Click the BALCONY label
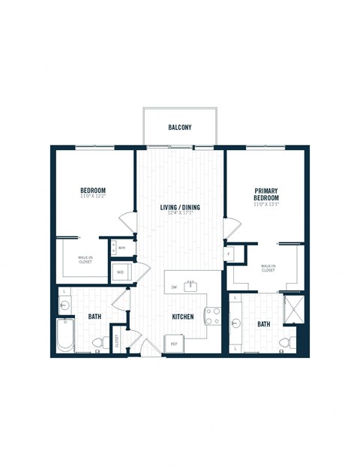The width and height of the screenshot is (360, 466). tap(180, 128)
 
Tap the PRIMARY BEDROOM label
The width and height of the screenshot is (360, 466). tap(266, 194)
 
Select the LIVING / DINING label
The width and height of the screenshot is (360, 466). tap(179, 208)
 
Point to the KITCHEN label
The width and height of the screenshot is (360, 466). tap(182, 317)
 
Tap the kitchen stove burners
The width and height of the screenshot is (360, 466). tap(212, 317)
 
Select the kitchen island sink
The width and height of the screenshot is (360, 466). tap(190, 285)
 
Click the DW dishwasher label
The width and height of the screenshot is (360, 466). tap(173, 287)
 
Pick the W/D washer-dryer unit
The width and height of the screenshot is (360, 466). tap(121, 272)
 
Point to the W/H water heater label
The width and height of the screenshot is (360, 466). tap(121, 247)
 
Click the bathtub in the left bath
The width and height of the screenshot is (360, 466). tap(65, 335)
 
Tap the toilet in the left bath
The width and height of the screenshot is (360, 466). tap(96, 344)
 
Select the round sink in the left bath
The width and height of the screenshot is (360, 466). tap(64, 305)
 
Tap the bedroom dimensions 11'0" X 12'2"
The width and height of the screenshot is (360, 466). tap(93, 197)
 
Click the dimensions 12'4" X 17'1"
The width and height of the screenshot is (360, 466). tap(179, 215)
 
